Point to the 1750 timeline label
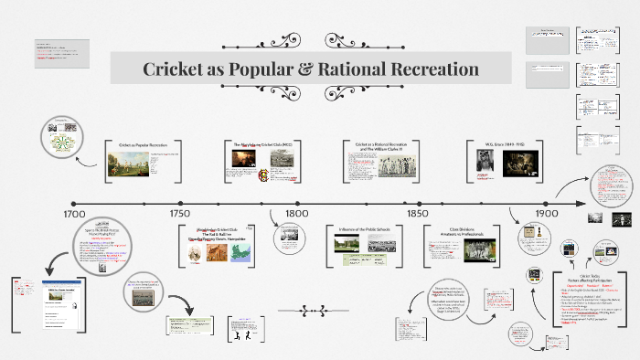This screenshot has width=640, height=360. (x=179, y=214)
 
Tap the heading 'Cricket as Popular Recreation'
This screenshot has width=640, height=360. (x=149, y=145)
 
